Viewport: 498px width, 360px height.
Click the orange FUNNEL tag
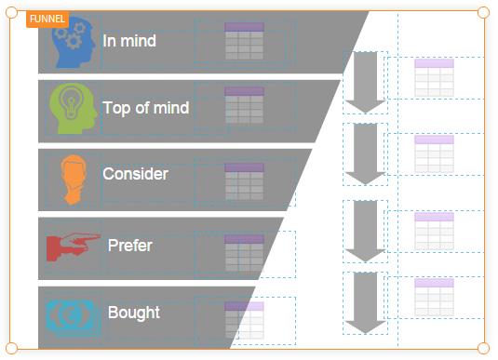coord(47,19)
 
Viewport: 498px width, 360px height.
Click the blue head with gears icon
coord(74,42)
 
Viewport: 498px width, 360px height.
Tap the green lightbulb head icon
coord(73,108)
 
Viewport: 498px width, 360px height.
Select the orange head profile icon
coord(74,180)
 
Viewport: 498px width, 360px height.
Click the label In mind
coord(129,41)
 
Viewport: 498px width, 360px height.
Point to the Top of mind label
coord(146,108)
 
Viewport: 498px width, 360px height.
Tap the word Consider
coord(135,174)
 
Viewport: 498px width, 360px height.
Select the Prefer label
coord(130,246)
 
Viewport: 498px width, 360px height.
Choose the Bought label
coord(134,313)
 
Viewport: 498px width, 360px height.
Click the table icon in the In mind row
coord(244,41)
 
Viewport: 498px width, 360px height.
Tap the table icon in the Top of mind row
coord(244,105)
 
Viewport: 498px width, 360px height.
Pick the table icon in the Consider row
coord(244,181)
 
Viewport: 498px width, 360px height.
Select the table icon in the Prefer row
coord(244,253)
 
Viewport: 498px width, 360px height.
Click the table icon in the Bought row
coord(244,320)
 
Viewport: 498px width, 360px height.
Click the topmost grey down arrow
coord(365,82)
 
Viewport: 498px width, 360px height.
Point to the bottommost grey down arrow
coord(365,302)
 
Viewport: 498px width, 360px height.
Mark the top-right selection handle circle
coord(483,12)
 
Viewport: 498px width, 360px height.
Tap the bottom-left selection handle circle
coord(11,348)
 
